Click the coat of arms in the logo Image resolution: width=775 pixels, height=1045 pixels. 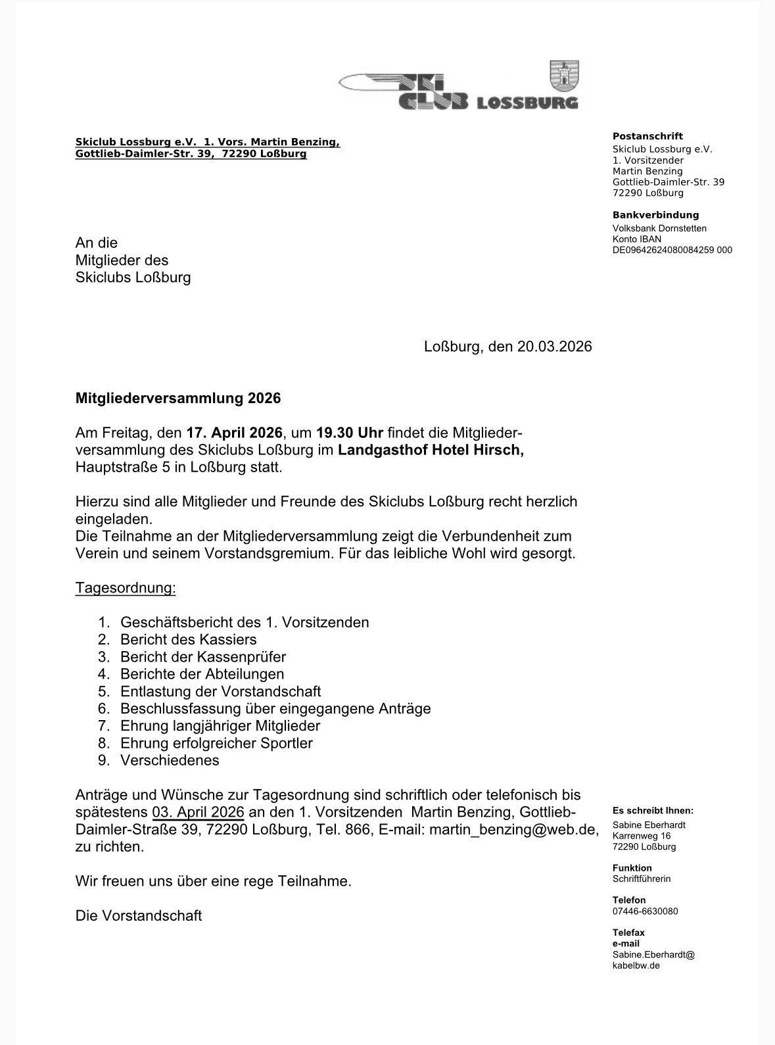coord(563,76)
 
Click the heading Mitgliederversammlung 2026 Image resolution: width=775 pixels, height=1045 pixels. coord(177,398)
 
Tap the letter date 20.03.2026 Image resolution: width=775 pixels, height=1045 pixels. coord(554,347)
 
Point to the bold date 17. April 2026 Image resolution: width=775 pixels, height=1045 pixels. coord(235,433)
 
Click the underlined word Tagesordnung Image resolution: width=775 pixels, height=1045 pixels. coord(126,587)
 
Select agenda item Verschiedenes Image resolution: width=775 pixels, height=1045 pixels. coord(170,760)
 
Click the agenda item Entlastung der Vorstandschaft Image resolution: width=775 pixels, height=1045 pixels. coord(220,691)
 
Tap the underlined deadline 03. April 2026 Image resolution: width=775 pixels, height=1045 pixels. coord(198,812)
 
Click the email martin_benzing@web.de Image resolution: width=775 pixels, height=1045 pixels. coord(513,829)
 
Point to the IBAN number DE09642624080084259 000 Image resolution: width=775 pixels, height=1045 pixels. coord(672,250)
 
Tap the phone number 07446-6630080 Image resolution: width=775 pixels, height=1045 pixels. coord(645,911)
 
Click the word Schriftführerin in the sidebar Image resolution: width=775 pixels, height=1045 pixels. coord(642,879)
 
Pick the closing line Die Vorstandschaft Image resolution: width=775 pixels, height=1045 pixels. coord(139,915)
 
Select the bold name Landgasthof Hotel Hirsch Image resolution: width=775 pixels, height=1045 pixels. coord(431,450)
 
